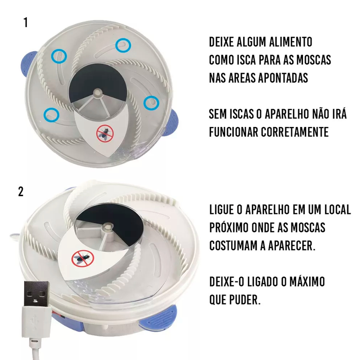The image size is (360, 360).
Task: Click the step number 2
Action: (21, 192)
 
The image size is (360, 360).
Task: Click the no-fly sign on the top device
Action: (105, 134)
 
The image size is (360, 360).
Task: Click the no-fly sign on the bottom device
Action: (83, 258)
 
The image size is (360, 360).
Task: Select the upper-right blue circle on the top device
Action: (123, 45)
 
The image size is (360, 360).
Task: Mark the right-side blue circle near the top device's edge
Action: (151, 103)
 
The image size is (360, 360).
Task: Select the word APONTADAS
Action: (283, 78)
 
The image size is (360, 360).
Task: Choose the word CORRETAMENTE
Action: (295, 132)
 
